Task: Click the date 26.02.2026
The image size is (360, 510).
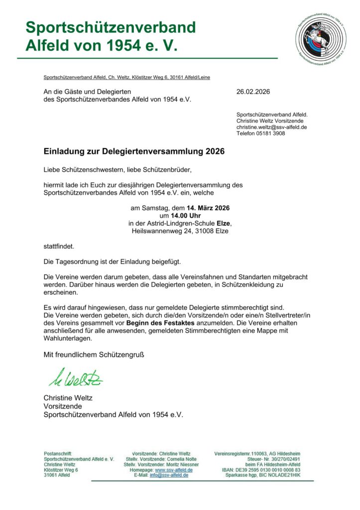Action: pos(252,92)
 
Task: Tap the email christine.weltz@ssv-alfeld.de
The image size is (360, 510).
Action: pos(271,127)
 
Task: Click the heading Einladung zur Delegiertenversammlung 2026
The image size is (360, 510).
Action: pos(134,151)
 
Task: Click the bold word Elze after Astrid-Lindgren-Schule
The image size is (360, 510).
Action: pos(224,223)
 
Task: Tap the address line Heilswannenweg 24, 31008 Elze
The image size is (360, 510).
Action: pos(180,231)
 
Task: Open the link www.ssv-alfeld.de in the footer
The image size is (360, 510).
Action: pos(174,470)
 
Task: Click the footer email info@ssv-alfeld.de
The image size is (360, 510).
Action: pos(169,475)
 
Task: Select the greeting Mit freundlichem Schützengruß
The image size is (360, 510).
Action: pos(94,355)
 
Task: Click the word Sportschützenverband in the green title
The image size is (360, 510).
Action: pos(111,27)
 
